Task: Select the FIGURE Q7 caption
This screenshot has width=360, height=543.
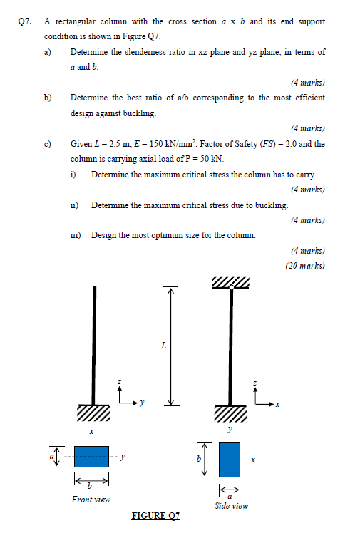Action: coord(156,515)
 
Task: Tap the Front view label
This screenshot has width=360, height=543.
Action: coord(91,500)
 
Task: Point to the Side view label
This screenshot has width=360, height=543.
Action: coord(231,506)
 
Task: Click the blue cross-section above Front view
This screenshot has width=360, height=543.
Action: coord(91,455)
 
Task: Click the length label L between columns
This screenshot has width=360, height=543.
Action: coord(164,347)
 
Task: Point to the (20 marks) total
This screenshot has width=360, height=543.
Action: coord(305,266)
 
